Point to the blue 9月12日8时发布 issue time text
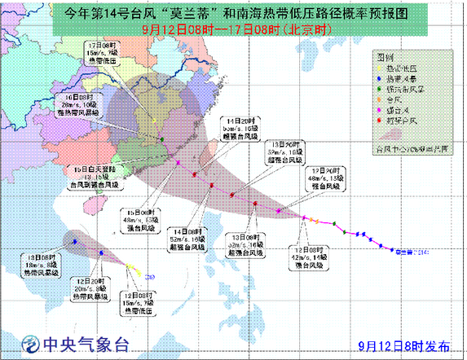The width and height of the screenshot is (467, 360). point(403,345)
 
